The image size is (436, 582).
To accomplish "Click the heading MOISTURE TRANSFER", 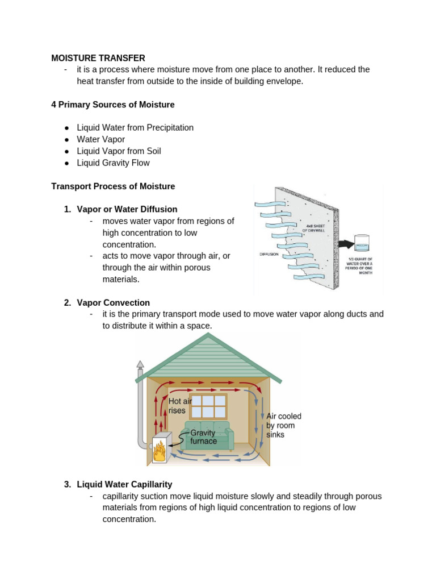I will point(98,58).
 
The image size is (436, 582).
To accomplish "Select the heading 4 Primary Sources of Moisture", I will point(113,105).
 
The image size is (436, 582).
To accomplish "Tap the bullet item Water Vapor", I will point(101,139).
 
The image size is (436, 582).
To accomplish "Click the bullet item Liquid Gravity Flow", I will point(113,163).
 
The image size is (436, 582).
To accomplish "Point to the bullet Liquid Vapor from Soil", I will point(119,151).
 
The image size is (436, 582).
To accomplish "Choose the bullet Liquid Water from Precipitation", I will point(135,128).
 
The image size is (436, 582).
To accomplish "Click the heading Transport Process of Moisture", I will point(113,186).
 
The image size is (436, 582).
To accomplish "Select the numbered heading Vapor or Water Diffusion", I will point(127,209).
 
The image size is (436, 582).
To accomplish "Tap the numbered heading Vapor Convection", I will point(113,302).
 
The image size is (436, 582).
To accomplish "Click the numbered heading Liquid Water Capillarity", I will point(124,484).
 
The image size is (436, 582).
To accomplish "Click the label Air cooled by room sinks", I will point(284,425).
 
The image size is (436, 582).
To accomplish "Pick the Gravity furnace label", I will point(203,437).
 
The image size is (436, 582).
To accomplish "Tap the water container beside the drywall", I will point(361,243).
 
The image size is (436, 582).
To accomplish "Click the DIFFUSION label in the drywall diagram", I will point(269,254).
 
